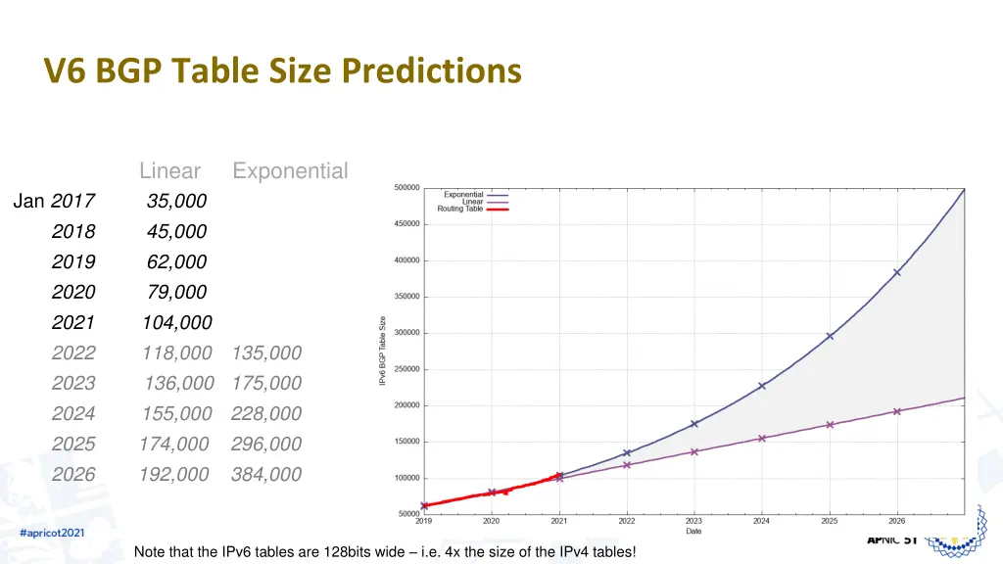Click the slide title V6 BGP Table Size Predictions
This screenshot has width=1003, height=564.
pos(282,70)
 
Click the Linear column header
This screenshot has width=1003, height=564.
pos(169,171)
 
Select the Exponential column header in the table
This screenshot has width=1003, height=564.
pos(290,171)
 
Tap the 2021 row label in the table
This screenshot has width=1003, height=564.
pos(73,322)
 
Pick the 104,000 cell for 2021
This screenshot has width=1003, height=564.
pos(176,322)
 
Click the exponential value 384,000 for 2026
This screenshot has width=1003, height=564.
pos(266,474)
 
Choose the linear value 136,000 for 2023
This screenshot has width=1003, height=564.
pos(177,383)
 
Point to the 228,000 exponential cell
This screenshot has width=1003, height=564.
pos(266,413)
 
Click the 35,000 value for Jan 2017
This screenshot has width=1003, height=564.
pos(176,201)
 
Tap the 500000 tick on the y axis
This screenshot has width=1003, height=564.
pos(406,188)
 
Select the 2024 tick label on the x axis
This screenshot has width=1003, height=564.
pos(761,521)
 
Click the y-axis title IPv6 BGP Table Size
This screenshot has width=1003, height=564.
pos(383,350)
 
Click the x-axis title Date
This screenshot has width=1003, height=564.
pos(693,531)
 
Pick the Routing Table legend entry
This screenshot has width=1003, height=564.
pos(460,209)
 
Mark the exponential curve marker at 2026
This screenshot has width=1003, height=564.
pos(897,272)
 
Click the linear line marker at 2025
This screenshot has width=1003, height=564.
pos(830,425)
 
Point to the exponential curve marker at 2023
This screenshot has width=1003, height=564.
pos(693,424)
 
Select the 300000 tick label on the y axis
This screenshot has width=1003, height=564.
pos(406,333)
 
